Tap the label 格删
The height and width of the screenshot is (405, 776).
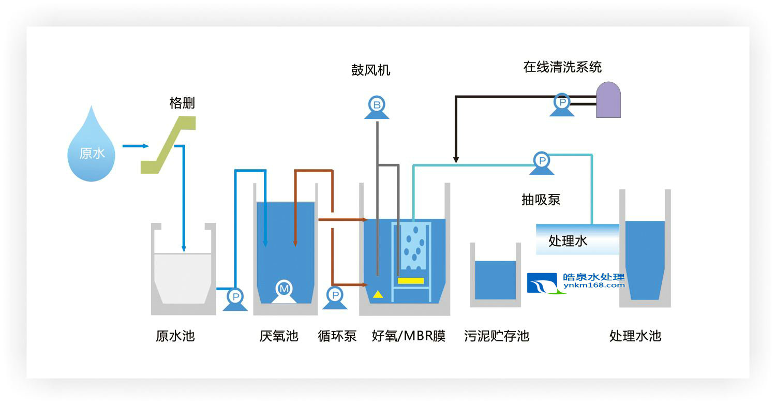[182, 103]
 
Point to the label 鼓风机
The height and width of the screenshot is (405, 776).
[370, 70]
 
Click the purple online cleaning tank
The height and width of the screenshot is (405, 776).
[608, 100]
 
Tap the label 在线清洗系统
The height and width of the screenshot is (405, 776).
[562, 67]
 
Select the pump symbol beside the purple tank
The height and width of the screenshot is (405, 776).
[561, 103]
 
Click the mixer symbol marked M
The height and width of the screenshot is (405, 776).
[283, 290]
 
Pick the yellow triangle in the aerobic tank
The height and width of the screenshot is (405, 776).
[378, 294]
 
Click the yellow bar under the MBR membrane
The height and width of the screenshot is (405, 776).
[411, 281]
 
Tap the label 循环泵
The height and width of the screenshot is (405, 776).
[337, 336]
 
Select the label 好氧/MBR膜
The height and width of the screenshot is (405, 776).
[409, 336]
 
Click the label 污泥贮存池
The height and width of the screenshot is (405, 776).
[496, 336]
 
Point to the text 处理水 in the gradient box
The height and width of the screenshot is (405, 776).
[568, 241]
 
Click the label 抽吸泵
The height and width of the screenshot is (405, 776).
[541, 200]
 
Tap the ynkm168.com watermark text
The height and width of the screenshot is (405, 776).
[593, 286]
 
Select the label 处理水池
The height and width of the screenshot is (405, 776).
[635, 336]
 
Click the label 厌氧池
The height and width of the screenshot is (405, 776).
[279, 336]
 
